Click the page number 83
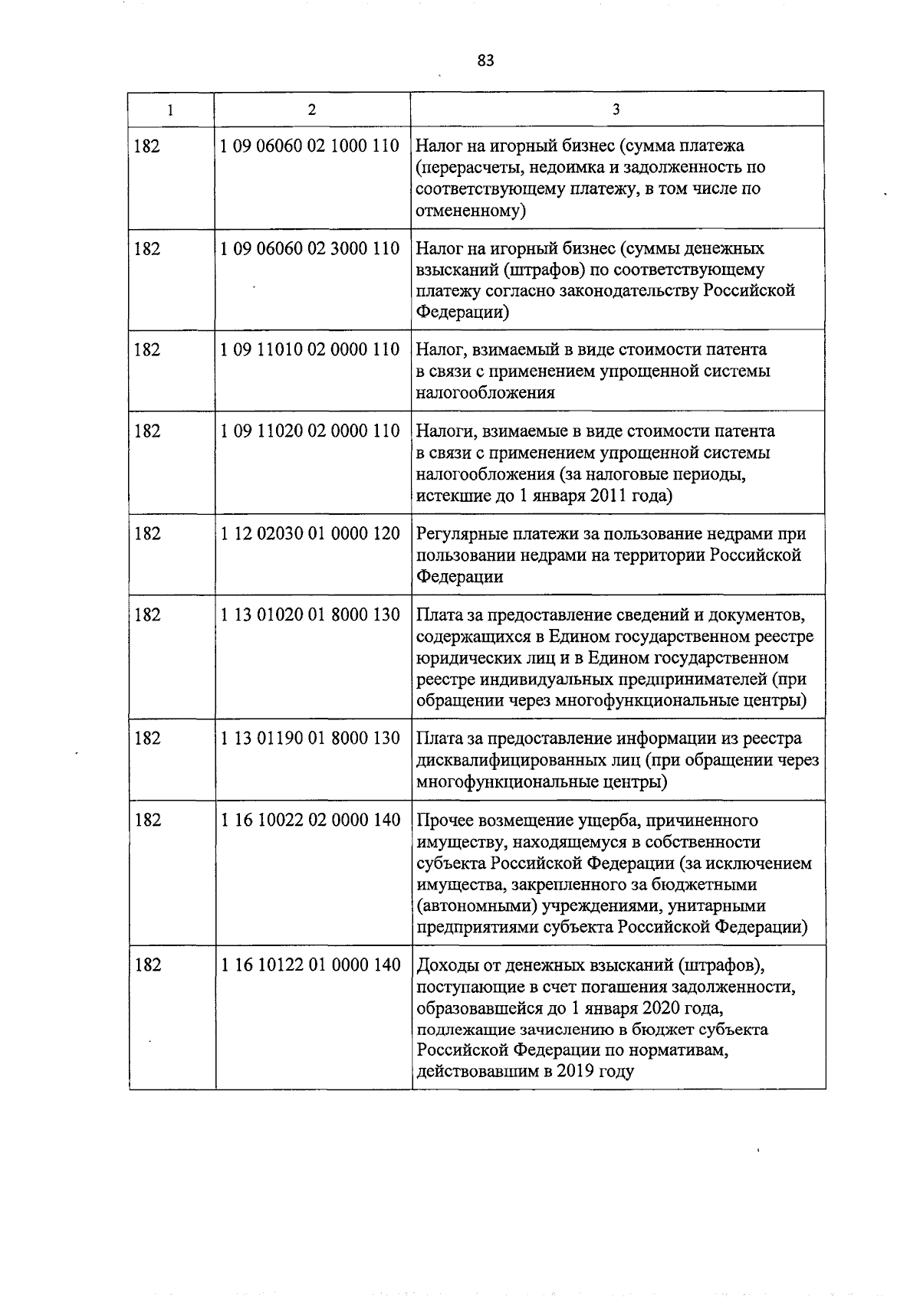click(x=485, y=61)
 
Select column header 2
click(x=311, y=110)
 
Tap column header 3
click(x=616, y=110)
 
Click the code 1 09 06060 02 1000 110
click(x=310, y=146)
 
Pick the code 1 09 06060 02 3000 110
click(x=310, y=249)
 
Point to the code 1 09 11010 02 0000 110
click(x=310, y=350)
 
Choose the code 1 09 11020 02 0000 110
click(x=310, y=431)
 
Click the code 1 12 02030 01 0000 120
click(x=310, y=534)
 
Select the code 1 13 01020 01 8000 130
click(x=310, y=615)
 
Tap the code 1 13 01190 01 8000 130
click(x=310, y=739)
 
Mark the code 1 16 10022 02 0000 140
click(x=310, y=820)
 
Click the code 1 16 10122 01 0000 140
click(x=310, y=965)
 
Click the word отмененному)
click(x=470, y=211)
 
